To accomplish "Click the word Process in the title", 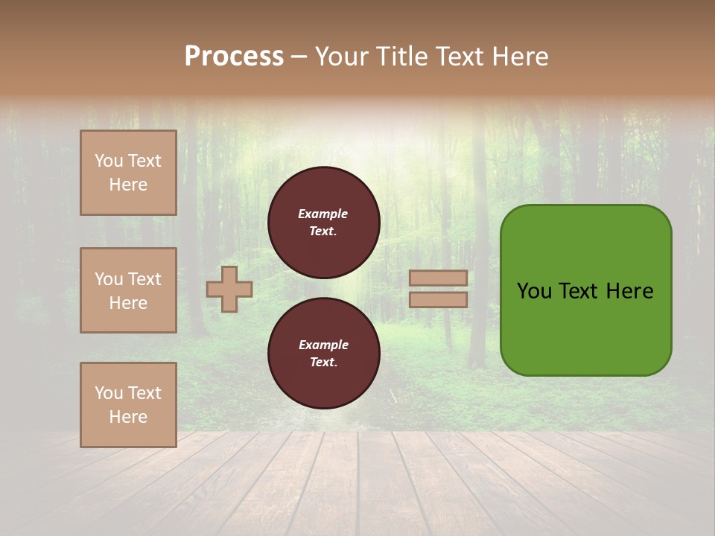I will pyautogui.click(x=234, y=57).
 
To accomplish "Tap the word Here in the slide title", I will pyautogui.click(x=518, y=57).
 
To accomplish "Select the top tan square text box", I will pyautogui.click(x=128, y=173).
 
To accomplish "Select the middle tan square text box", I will pyautogui.click(x=128, y=290).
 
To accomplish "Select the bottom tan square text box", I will pyautogui.click(x=128, y=404).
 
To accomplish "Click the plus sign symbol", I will pyautogui.click(x=229, y=289).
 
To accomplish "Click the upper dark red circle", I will pyautogui.click(x=323, y=223).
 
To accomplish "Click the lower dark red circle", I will pyautogui.click(x=323, y=354).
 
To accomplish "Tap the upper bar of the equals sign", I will pyautogui.click(x=438, y=278).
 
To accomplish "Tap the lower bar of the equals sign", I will pyautogui.click(x=438, y=299).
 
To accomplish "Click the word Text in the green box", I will pyautogui.click(x=579, y=291).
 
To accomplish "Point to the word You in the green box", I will pyautogui.click(x=533, y=291).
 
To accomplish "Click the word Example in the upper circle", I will pyautogui.click(x=322, y=214).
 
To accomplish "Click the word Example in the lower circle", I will pyautogui.click(x=323, y=345).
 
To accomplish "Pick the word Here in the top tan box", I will pyautogui.click(x=128, y=185).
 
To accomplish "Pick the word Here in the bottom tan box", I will pyautogui.click(x=128, y=417).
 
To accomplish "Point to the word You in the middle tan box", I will pyautogui.click(x=108, y=279).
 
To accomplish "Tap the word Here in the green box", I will pyautogui.click(x=629, y=291).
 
